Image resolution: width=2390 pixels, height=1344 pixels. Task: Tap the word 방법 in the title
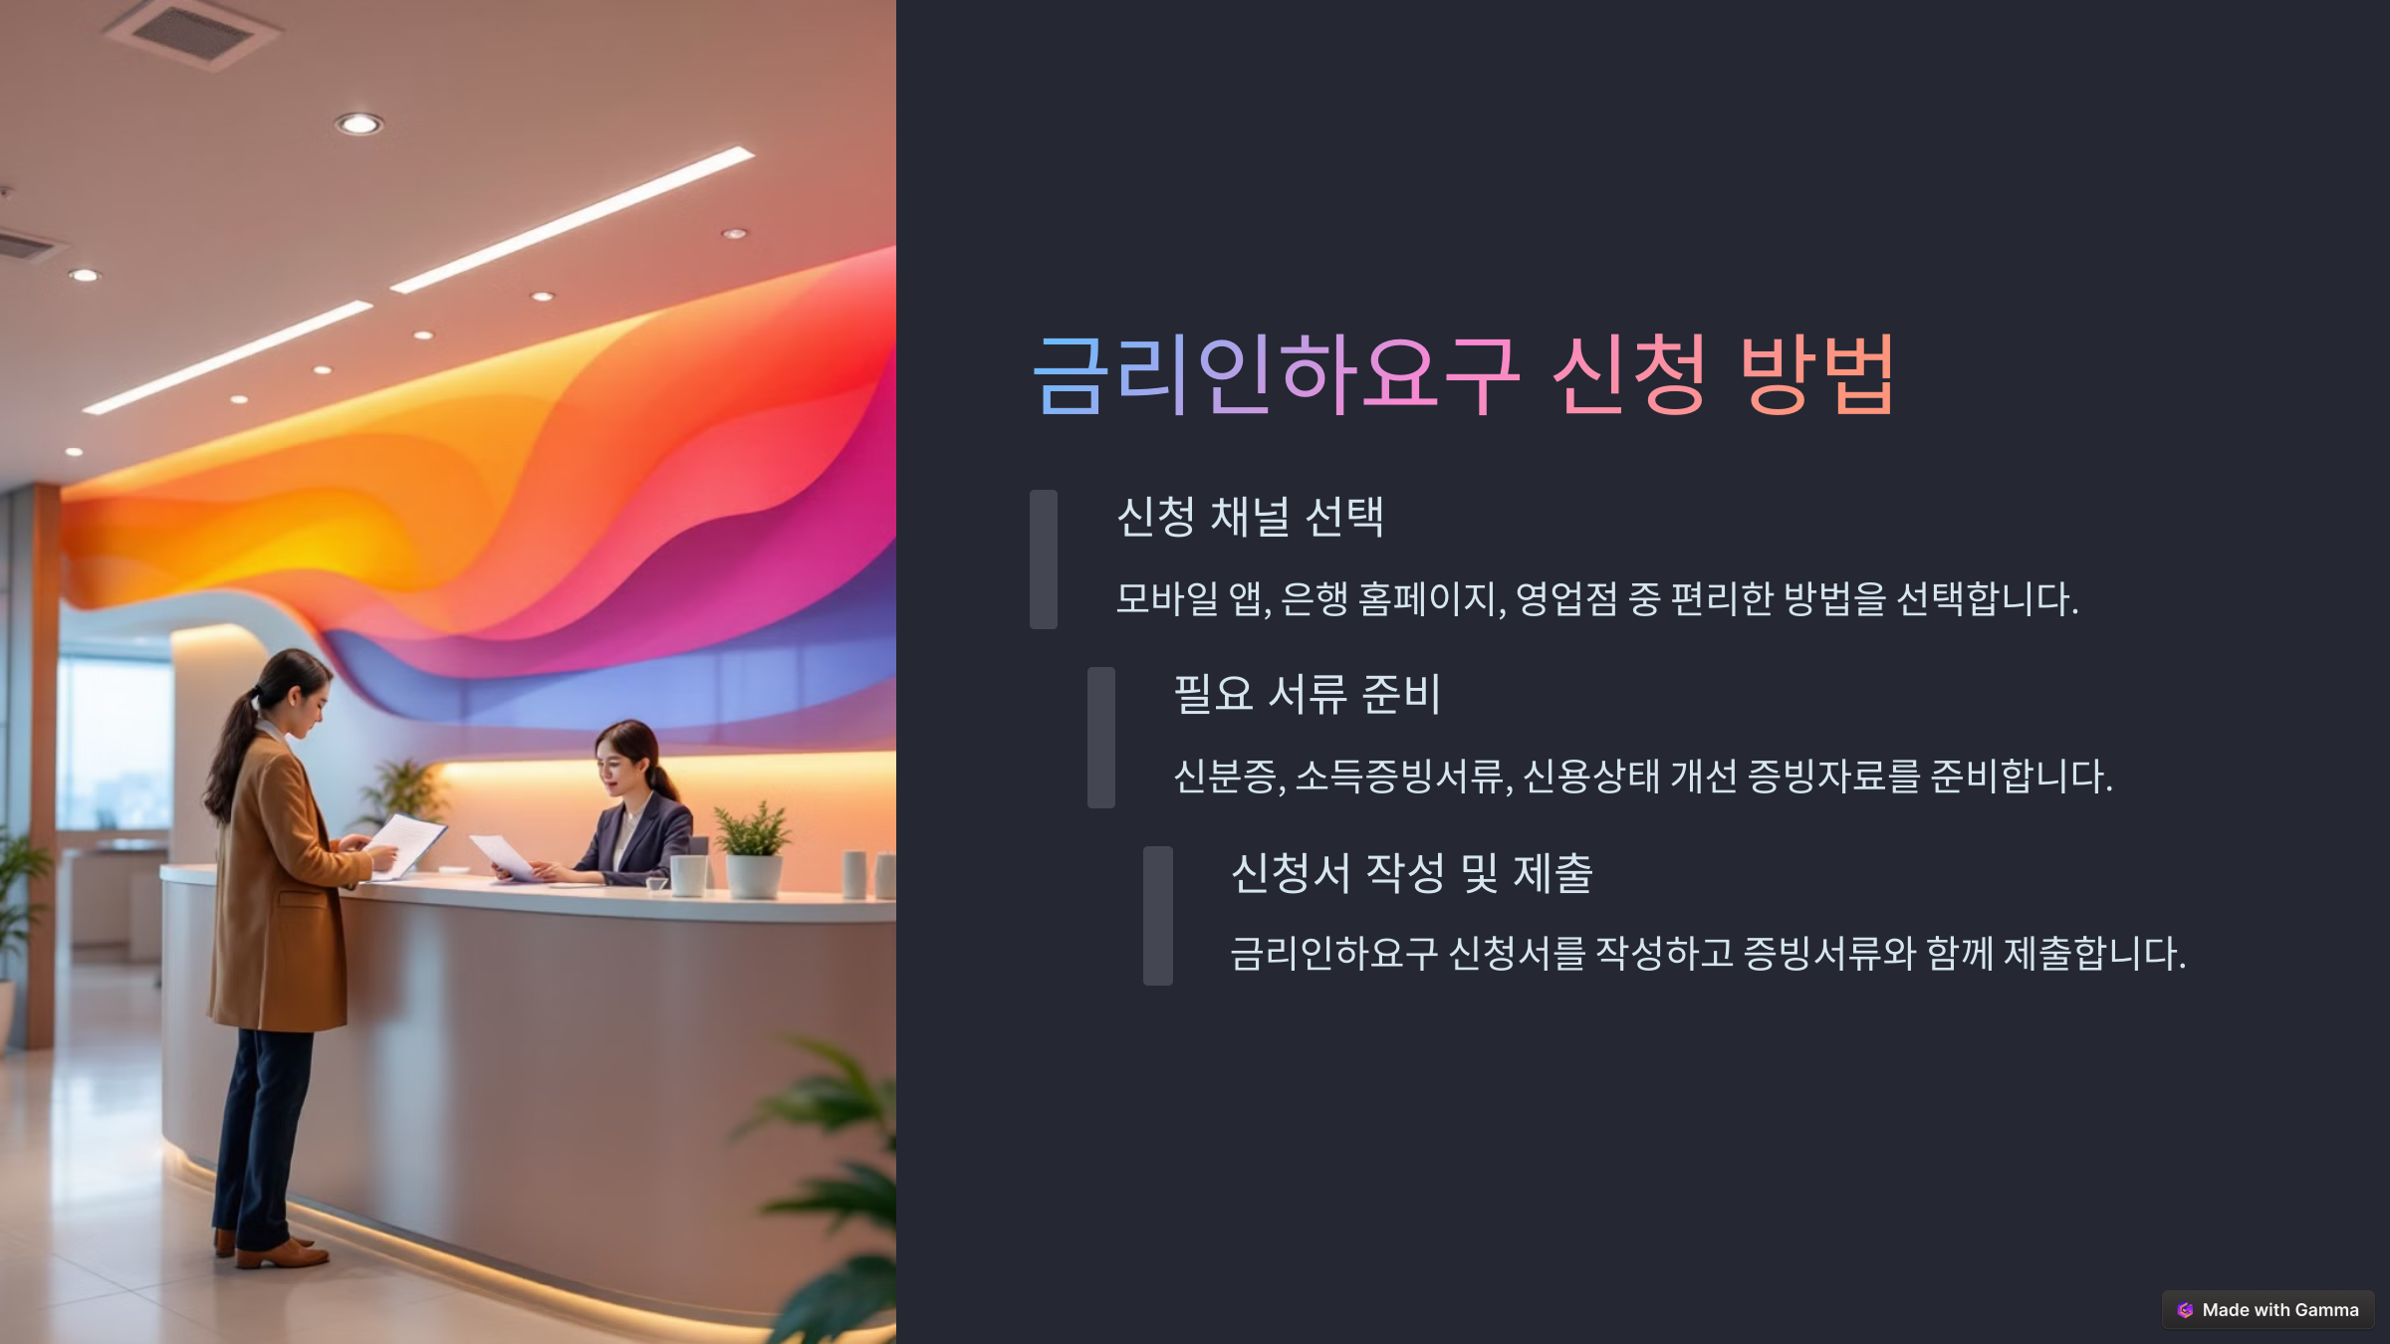[x=1816, y=375]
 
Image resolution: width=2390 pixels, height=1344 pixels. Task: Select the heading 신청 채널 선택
[x=1250, y=517]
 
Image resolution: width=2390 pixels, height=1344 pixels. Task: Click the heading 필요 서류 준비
[x=1307, y=694]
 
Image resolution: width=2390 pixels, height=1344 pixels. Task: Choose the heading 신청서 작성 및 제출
[x=1411, y=873]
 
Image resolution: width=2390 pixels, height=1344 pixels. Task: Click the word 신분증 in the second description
[x=1225, y=777]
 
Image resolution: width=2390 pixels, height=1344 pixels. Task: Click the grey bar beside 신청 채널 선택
[x=1043, y=559]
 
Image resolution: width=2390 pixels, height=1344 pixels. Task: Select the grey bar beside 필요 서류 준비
[x=1100, y=737]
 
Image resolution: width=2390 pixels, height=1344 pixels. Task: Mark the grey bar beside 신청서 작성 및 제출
[x=1157, y=915]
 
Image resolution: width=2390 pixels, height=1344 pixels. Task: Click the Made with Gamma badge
[x=2268, y=1310]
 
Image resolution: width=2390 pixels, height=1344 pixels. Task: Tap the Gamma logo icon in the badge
[x=2185, y=1310]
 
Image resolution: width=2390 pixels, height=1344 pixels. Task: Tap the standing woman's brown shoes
[x=279, y=1251]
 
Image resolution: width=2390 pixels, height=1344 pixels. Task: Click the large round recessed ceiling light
[x=358, y=123]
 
